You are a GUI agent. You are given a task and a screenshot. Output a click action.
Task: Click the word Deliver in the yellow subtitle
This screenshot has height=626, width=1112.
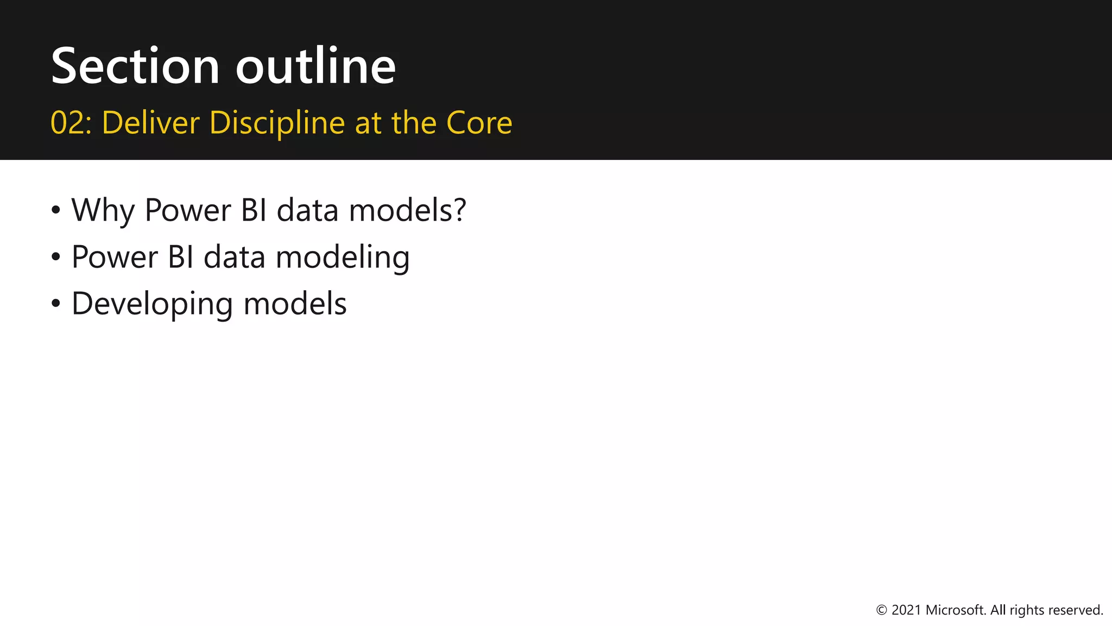tap(150, 123)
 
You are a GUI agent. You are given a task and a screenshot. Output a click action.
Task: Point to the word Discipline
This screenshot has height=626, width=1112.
tap(277, 123)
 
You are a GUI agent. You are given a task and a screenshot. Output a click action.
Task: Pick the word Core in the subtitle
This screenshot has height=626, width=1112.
tap(479, 123)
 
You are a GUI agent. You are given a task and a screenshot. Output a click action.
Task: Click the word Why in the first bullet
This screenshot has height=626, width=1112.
tap(103, 210)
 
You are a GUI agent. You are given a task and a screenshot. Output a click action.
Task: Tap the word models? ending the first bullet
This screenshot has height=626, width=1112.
tap(407, 210)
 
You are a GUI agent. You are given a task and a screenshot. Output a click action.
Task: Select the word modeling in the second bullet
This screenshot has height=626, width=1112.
tap(342, 257)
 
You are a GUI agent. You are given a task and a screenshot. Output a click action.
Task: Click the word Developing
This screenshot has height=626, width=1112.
tap(153, 304)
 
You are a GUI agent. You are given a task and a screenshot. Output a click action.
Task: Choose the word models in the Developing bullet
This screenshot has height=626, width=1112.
tap(295, 304)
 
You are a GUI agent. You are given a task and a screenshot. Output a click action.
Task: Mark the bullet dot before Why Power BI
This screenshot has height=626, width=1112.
tap(56, 210)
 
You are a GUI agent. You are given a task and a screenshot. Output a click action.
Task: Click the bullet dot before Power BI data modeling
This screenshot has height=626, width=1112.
tap(56, 257)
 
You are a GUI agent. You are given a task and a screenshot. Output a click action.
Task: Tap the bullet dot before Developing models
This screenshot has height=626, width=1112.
tap(56, 304)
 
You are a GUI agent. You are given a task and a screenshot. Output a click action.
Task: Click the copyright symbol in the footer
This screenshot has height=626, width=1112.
tap(882, 610)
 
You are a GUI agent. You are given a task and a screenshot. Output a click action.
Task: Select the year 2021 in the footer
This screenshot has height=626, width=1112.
tap(906, 610)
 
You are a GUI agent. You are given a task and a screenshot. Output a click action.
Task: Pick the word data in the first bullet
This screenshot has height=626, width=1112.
tap(308, 210)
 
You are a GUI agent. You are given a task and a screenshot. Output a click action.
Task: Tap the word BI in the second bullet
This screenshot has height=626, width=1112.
tap(180, 257)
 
